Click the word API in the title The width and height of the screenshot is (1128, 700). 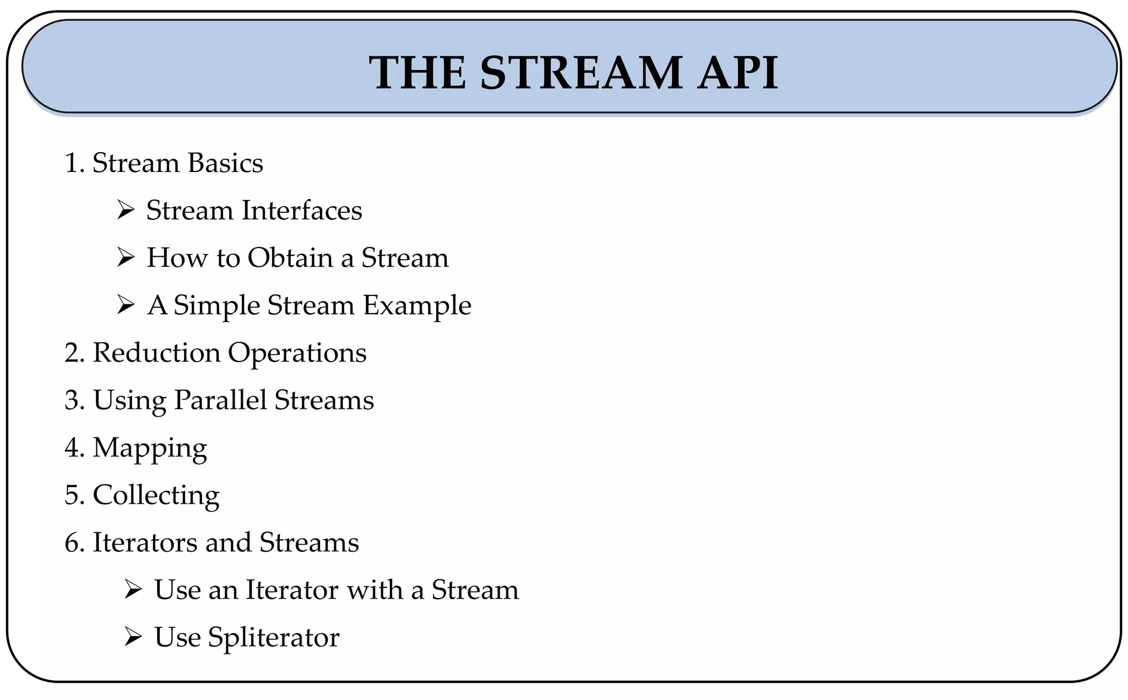point(737,73)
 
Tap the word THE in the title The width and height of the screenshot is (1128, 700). point(418,73)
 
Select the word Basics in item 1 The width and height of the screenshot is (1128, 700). point(225,163)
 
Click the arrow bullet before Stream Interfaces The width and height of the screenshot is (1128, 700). point(126,211)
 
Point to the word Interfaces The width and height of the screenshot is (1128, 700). point(302,211)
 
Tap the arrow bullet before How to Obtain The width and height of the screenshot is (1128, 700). point(126,258)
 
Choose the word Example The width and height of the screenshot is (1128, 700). point(417,306)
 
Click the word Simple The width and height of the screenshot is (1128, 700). point(216,306)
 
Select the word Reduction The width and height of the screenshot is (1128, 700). point(156,353)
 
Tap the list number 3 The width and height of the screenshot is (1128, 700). point(74,401)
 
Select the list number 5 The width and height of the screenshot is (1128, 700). point(74,496)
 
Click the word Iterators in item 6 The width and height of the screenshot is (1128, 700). point(144,542)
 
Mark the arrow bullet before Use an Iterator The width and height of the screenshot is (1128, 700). point(133,590)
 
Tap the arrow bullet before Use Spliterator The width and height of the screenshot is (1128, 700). point(133,638)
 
